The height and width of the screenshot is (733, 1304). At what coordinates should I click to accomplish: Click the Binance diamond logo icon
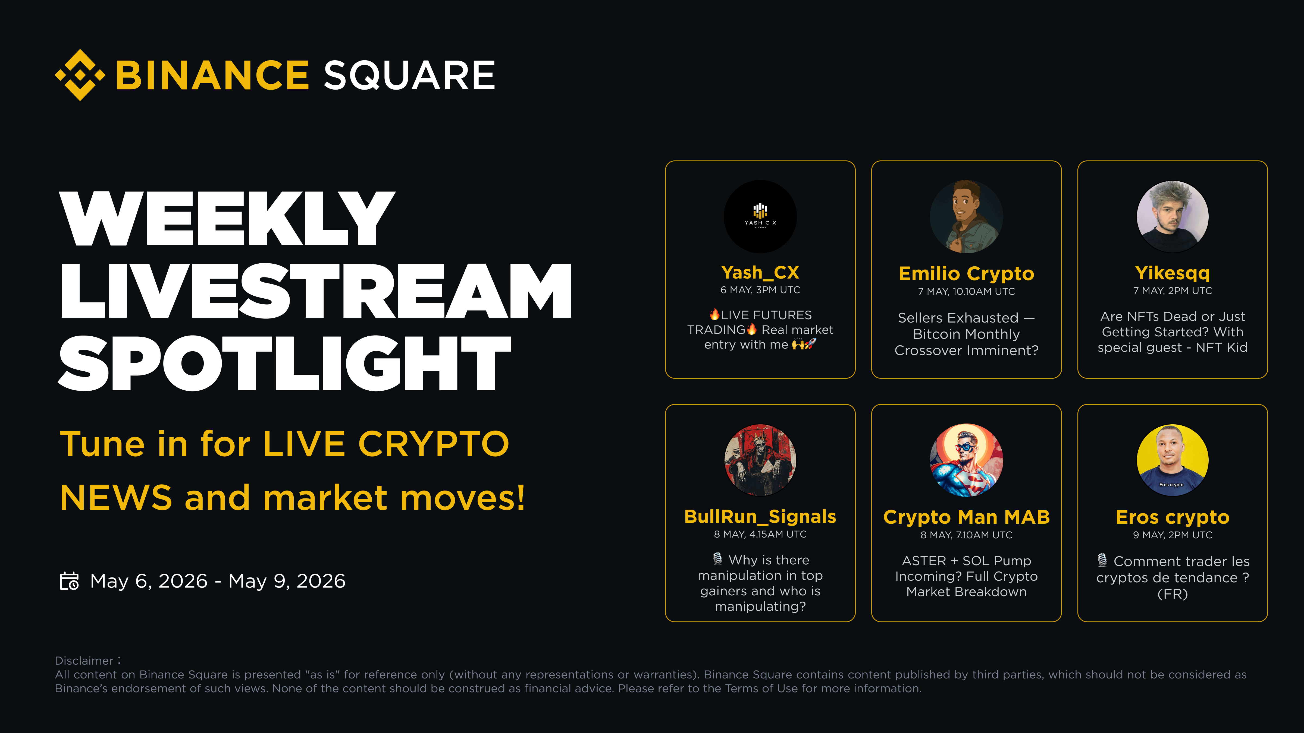click(x=80, y=75)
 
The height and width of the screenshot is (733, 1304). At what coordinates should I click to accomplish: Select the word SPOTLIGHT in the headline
click(x=284, y=363)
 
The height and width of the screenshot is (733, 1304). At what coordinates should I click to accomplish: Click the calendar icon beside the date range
click(x=69, y=581)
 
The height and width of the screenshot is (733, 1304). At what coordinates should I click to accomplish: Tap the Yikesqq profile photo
click(x=1173, y=217)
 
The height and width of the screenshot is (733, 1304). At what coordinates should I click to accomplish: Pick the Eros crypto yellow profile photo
click(x=1173, y=460)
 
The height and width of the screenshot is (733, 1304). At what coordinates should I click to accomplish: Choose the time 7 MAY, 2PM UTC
click(x=1173, y=291)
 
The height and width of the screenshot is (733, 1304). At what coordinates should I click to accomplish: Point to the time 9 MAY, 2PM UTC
click(x=1173, y=535)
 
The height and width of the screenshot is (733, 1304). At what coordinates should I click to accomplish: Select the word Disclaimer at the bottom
click(x=84, y=661)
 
